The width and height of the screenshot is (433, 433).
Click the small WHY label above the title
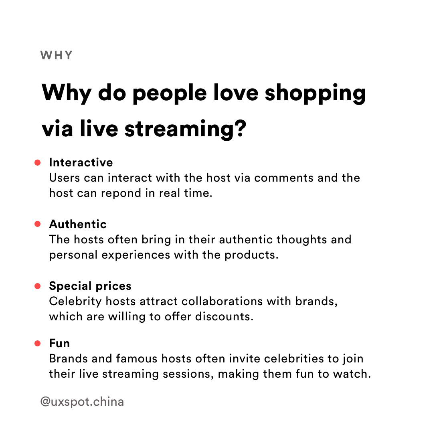point(57,55)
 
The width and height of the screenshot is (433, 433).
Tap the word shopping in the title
point(316,94)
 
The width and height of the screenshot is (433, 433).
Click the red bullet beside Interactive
point(38,163)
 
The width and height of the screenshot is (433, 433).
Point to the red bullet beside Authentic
point(38,224)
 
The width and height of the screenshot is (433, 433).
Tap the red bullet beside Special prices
point(38,286)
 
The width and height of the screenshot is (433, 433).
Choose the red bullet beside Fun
point(38,343)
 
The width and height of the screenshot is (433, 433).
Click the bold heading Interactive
point(81,162)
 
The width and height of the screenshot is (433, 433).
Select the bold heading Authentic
point(78,224)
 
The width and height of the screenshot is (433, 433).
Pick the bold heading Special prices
point(90,286)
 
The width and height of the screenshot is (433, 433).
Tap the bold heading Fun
point(59,343)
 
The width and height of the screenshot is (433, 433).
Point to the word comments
point(283,178)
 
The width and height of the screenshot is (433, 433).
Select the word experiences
point(136,255)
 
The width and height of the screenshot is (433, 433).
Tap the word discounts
point(224,317)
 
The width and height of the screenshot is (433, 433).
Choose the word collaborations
point(222,301)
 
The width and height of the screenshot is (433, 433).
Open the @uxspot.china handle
point(82,402)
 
